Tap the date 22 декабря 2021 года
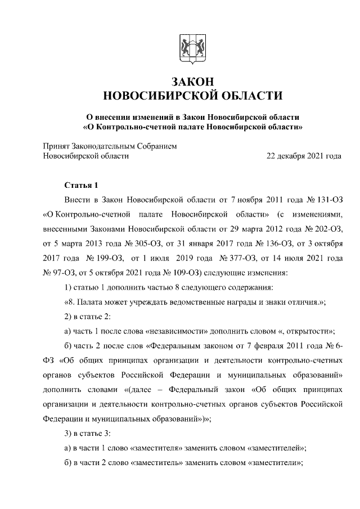[304, 156]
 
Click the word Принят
[57, 146]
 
